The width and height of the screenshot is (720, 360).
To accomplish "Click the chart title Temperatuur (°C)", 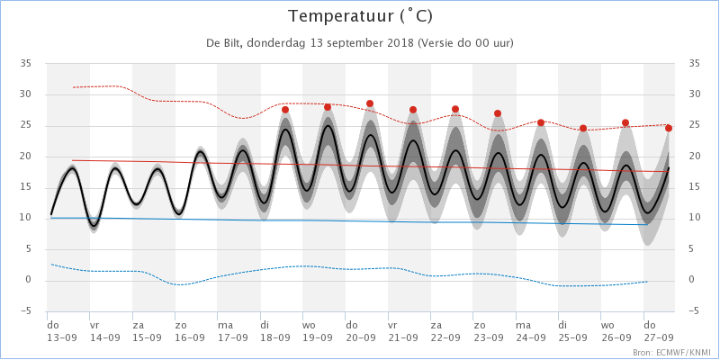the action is [x=360, y=16].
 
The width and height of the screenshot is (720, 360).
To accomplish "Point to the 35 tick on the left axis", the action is [x=25, y=64].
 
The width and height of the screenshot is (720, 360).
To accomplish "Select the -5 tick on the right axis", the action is [x=693, y=312].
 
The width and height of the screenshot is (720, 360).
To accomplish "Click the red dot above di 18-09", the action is [x=284, y=109].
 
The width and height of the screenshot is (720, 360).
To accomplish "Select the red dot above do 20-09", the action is [x=370, y=103].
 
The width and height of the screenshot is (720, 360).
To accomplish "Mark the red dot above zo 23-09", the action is [x=498, y=113].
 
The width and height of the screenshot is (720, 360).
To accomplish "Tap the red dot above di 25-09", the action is [x=583, y=128].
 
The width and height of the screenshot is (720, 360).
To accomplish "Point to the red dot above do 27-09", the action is [x=669, y=128].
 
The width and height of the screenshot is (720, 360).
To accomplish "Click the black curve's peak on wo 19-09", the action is [x=328, y=125].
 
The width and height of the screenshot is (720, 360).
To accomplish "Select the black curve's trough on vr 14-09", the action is [x=94, y=225].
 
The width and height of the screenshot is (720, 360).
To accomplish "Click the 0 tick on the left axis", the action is [x=28, y=281].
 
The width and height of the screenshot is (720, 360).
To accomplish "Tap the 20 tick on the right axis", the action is [x=693, y=157].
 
